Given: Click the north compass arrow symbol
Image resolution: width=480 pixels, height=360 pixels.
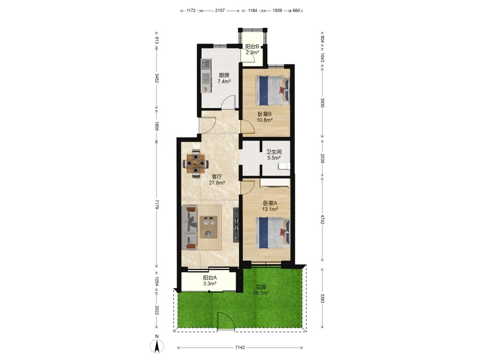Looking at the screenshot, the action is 157,347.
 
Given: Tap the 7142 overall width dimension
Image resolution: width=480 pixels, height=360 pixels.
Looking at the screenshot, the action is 240,348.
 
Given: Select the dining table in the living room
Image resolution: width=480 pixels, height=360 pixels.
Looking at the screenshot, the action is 196,164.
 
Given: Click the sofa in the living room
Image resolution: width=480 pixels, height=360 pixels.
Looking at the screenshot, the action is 190,228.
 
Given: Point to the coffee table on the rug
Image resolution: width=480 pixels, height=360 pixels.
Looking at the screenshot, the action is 208,227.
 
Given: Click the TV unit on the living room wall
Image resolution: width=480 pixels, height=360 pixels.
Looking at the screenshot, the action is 236,225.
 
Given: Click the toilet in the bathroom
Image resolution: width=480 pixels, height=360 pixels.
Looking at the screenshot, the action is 284,166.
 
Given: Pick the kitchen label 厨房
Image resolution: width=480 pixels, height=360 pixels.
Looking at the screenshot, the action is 224,75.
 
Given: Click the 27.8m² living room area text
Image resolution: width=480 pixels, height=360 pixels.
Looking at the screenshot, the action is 217,183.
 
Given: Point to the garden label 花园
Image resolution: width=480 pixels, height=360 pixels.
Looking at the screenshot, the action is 261,287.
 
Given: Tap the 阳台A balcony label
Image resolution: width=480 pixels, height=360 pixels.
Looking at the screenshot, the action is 210,277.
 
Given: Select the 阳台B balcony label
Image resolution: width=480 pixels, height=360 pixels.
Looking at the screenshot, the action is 252,47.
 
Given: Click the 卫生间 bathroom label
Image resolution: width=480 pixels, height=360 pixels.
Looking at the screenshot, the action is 274,152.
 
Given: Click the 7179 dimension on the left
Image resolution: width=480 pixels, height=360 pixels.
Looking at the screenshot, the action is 157,204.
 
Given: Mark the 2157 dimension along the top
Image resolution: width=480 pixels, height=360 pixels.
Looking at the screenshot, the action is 220,11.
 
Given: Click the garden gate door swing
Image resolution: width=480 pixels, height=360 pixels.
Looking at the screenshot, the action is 226,321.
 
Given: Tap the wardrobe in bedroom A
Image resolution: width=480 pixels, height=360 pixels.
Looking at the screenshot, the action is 275,183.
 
